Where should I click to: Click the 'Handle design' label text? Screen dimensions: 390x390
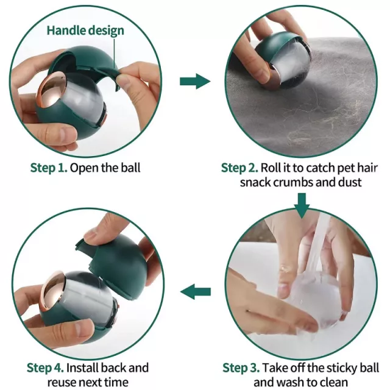[x=85, y=30]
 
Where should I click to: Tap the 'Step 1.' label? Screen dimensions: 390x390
[x=49, y=168]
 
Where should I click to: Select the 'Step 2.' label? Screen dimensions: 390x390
[x=239, y=168]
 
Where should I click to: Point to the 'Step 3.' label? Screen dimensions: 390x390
[x=241, y=367]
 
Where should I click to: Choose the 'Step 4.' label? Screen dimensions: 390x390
[x=45, y=367]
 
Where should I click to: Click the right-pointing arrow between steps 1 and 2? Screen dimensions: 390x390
[x=195, y=81]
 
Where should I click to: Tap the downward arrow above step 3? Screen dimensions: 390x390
[x=302, y=206]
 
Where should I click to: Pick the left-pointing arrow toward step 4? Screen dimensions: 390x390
[x=196, y=292]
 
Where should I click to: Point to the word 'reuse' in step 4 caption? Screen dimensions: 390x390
[x=62, y=382]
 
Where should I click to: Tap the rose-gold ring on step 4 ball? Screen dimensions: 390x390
[x=53, y=291]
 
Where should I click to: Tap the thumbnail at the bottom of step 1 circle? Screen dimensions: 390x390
[x=64, y=133]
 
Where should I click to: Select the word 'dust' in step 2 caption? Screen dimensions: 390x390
[x=349, y=182]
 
